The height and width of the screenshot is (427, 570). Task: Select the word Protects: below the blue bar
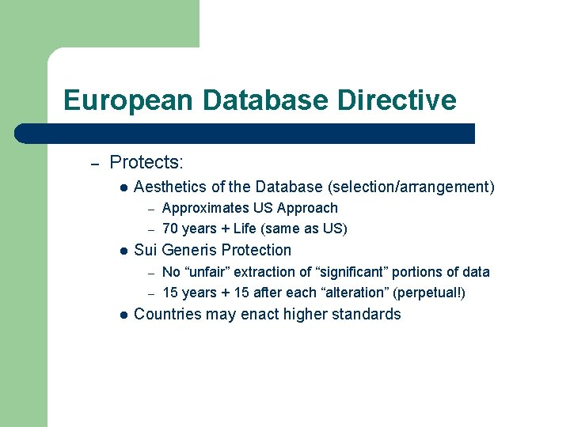tap(146, 163)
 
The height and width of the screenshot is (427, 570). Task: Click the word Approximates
tap(203, 209)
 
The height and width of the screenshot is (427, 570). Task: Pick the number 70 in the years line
tap(170, 229)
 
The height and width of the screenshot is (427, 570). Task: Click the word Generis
tap(189, 251)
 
